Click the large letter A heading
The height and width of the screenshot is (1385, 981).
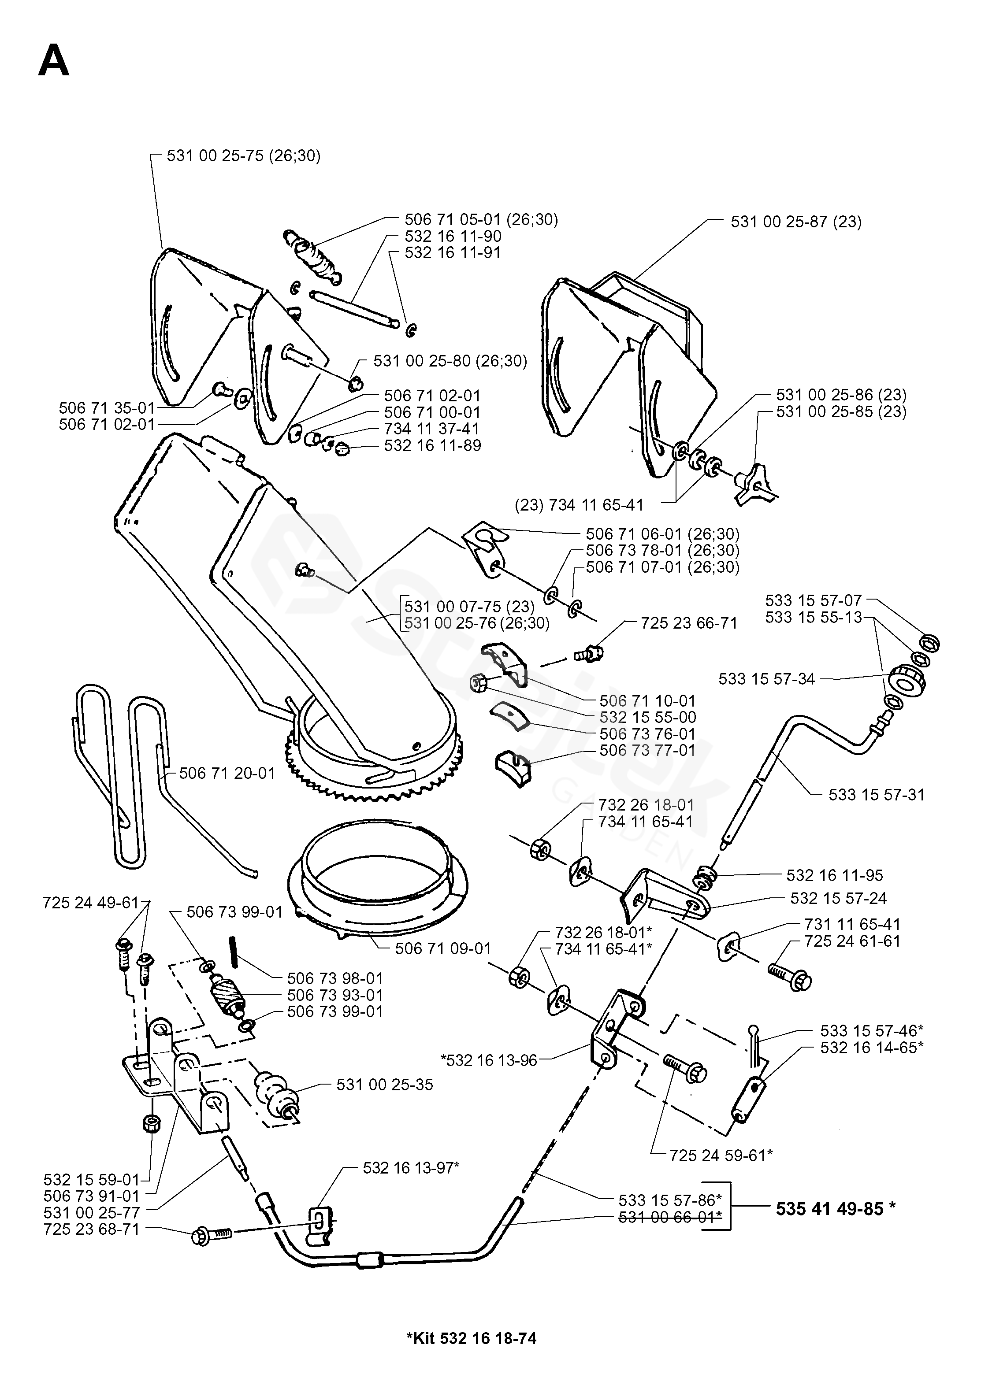click(53, 62)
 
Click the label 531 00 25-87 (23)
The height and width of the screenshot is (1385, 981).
click(796, 222)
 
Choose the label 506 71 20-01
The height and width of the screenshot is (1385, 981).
click(227, 773)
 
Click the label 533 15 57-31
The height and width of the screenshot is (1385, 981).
click(877, 795)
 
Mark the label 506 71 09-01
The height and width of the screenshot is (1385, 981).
click(443, 948)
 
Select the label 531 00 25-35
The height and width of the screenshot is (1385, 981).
click(385, 1085)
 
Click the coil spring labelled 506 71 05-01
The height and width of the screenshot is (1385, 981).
click(313, 256)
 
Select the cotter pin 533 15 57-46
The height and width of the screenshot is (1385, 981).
click(754, 1043)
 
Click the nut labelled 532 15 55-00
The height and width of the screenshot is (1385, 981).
click(479, 683)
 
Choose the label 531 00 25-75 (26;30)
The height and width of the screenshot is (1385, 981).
click(243, 156)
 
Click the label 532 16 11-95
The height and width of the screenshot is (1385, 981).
click(835, 875)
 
